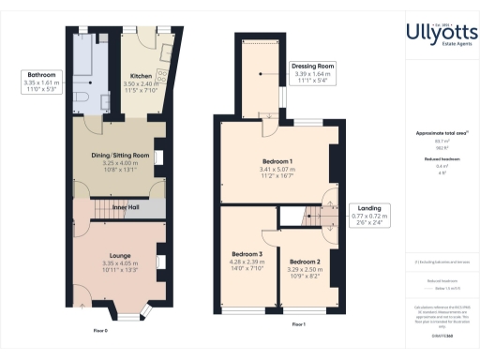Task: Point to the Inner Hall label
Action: coord(126,205)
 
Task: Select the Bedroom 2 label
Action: coord(305,265)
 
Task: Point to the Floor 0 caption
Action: coord(101,330)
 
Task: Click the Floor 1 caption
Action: coord(296,324)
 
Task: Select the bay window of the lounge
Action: coord(125,310)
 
